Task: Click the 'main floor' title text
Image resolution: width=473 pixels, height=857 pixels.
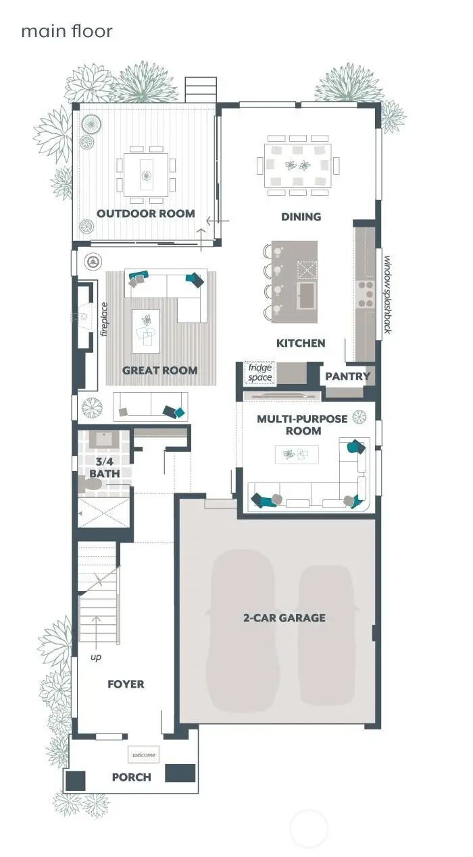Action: (66, 31)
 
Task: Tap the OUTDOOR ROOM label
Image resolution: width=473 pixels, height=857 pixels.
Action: (145, 214)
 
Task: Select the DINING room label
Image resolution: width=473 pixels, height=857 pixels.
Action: (301, 217)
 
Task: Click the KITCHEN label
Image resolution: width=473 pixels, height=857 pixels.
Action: (301, 343)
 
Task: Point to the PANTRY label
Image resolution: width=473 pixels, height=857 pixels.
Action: (347, 377)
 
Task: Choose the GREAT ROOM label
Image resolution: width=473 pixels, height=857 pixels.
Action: (159, 370)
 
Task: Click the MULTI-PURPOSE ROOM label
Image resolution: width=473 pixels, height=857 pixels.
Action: (301, 424)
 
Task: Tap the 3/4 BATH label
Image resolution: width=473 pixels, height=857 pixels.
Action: (105, 468)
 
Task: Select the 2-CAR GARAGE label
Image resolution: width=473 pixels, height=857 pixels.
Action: (284, 617)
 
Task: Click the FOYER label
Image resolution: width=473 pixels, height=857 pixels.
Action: (126, 684)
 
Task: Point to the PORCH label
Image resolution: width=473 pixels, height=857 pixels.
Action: (131, 777)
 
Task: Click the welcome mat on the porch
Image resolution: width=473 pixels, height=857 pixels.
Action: (143, 754)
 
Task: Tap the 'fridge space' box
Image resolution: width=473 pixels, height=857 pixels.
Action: (259, 372)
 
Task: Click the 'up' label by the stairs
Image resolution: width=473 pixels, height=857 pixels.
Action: (96, 657)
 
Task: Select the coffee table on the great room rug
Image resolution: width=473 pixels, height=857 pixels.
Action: (145, 331)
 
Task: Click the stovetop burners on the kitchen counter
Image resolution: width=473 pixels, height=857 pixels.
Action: (366, 294)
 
